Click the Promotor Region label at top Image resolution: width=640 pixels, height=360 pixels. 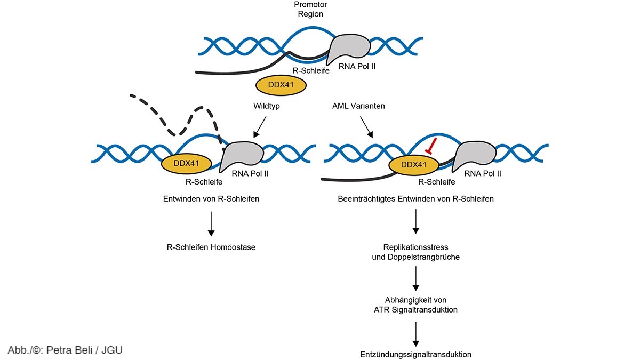click(x=310, y=9)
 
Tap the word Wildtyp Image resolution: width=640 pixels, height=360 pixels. click(x=266, y=106)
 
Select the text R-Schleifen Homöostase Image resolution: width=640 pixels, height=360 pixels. click(x=211, y=247)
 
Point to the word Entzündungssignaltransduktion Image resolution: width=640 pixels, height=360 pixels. click(x=416, y=354)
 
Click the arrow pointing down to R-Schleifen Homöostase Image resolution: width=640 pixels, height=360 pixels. click(x=211, y=224)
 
